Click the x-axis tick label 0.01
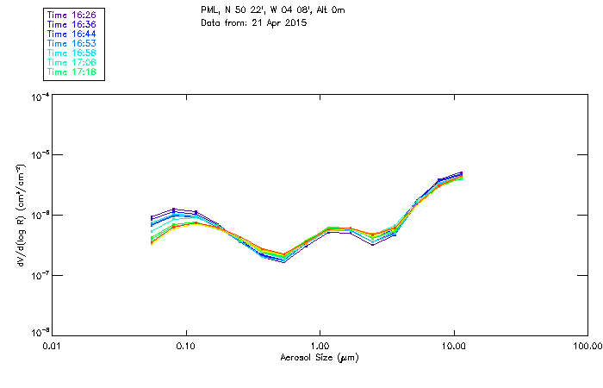52,347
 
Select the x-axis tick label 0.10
185,347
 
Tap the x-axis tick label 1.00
320,347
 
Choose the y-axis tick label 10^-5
39,156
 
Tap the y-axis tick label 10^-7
39,275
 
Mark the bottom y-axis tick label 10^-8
39,333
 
